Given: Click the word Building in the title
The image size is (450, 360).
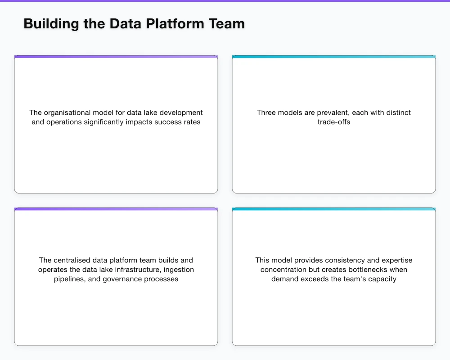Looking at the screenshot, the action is (x=51, y=23).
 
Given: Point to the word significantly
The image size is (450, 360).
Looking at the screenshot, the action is (x=103, y=122).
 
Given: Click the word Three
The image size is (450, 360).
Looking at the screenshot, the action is (x=267, y=112).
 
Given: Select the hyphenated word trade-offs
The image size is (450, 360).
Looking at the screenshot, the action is (x=334, y=122).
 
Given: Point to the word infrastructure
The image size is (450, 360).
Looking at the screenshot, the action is (x=139, y=270).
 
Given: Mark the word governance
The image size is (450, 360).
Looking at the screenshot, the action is (x=123, y=279).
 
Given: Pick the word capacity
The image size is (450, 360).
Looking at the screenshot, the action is (x=382, y=279).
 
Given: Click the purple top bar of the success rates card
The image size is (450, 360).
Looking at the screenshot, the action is (x=116, y=57).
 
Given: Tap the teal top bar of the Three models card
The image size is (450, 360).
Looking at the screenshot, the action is (x=334, y=57).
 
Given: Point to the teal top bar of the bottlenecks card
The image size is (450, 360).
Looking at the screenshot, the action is (x=334, y=209).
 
